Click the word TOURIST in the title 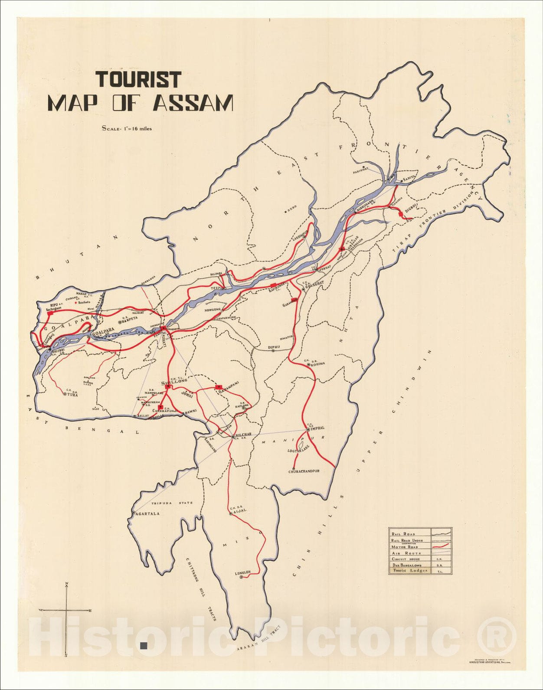point(138,80)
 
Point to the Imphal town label point(317,428)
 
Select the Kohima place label point(318,364)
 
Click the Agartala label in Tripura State point(148,513)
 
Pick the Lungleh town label point(243,573)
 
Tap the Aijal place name point(240,511)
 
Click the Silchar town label point(244,435)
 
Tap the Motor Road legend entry point(405,547)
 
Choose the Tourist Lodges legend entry point(410,571)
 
